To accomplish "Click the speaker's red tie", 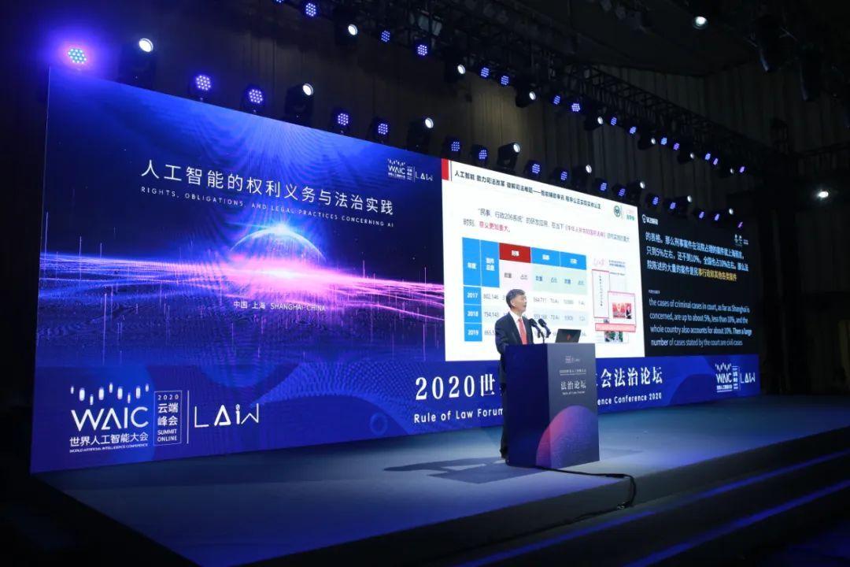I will coord(522,330).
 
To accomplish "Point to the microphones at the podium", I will coord(541,324).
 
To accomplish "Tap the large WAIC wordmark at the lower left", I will coord(109,417).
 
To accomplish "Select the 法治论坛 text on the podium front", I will coord(549,384).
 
